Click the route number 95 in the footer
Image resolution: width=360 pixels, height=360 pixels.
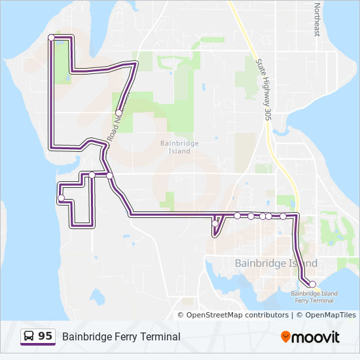point(45,336)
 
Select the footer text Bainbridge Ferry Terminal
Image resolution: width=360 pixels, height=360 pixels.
point(121,337)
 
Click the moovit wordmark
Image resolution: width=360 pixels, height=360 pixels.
point(315,337)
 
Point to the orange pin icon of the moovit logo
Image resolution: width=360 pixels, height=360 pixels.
point(285,337)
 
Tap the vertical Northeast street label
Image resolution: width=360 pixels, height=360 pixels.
point(317,20)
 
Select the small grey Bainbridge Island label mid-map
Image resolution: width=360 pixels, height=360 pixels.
point(175,147)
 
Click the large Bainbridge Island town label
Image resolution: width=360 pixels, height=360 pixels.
point(276,263)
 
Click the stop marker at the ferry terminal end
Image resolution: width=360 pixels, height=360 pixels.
point(312,284)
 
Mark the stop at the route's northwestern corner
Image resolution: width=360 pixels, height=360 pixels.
point(52,37)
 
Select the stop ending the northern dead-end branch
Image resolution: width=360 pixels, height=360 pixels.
point(118,113)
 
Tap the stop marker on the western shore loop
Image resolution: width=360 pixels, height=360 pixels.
point(61,198)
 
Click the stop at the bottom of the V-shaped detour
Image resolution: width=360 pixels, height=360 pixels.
point(215,224)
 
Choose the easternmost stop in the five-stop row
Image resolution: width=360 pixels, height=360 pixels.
point(283,216)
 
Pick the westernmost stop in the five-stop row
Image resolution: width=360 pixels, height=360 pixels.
point(237,215)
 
